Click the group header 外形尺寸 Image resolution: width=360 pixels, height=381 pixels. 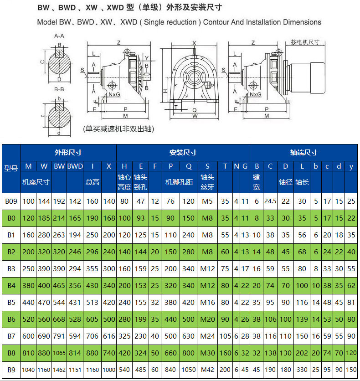pyautogui.click(x=68, y=152)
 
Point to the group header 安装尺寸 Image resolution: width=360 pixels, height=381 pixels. pyautogui.click(x=183, y=152)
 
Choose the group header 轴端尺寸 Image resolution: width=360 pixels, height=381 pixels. pyautogui.click(x=303, y=152)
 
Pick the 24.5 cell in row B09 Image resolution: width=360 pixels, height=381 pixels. pyautogui.click(x=270, y=201)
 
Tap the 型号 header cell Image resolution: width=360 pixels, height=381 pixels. pyautogui.click(x=11, y=168)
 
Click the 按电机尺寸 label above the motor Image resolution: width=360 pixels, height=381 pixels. pyautogui.click(x=305, y=42)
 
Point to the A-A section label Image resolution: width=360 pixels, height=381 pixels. pyautogui.click(x=59, y=35)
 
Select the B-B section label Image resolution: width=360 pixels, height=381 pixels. pyautogui.click(x=59, y=89)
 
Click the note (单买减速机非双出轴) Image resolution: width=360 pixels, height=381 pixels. pyautogui.click(x=118, y=129)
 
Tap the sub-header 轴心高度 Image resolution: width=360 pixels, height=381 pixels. pyautogui.click(x=124, y=182)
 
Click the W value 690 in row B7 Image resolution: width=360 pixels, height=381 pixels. pyautogui.click(x=44, y=336)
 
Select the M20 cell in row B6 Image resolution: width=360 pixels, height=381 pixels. pyautogui.click(x=207, y=319)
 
